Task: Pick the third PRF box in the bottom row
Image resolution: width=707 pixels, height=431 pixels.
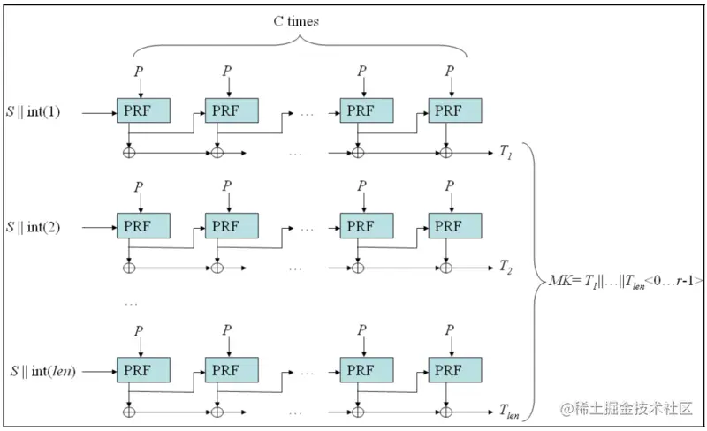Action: point(367,369)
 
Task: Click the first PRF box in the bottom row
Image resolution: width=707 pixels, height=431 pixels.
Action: point(143,369)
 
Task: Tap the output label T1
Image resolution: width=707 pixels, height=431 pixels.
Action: point(506,153)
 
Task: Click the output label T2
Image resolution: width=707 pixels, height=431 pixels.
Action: point(506,266)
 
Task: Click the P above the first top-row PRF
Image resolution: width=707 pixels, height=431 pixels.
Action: point(138,70)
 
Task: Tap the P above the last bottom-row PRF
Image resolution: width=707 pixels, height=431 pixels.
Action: point(449,329)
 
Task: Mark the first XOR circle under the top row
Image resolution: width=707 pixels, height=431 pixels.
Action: point(130,152)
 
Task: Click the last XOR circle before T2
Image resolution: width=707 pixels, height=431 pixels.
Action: point(446,266)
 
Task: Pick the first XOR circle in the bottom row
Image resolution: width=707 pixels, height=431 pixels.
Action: point(130,410)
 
